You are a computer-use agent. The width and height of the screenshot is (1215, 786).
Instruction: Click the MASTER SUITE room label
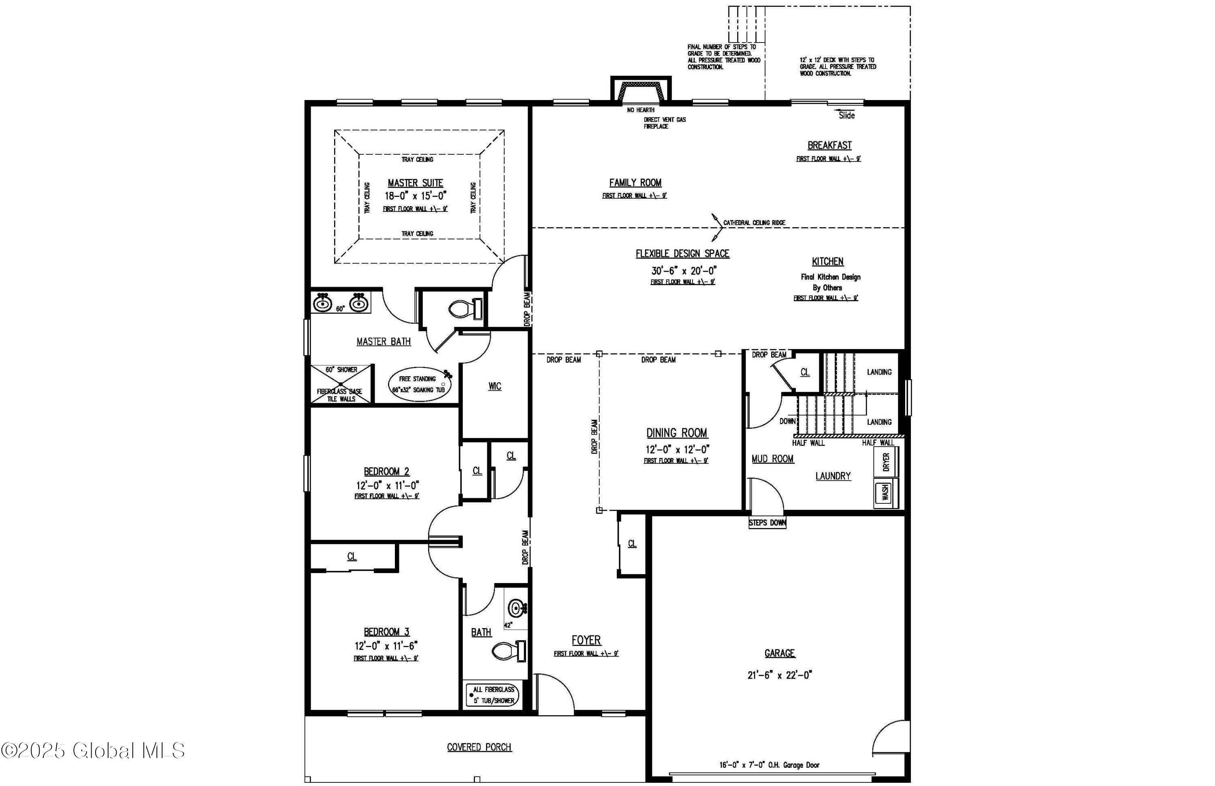click(x=415, y=183)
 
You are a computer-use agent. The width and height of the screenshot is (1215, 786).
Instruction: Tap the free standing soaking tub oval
click(x=419, y=384)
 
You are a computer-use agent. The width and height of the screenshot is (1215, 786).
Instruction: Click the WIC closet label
click(x=495, y=386)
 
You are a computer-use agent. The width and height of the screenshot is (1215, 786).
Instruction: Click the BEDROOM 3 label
click(x=386, y=632)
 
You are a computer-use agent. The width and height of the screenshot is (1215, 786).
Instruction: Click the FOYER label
click(x=586, y=640)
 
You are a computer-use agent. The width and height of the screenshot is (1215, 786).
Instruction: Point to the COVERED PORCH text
click(x=479, y=747)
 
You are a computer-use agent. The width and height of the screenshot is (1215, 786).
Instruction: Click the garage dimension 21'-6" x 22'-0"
click(x=780, y=675)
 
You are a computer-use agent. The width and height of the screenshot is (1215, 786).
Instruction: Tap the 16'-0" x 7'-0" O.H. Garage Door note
click(x=769, y=765)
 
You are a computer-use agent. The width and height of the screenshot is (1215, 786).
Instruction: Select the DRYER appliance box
click(x=886, y=462)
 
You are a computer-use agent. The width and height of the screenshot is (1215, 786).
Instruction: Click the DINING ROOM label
click(x=676, y=433)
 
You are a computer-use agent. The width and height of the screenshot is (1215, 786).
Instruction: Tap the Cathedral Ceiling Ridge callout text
click(x=754, y=223)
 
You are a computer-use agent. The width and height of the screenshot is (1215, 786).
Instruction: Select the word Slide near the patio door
click(x=846, y=116)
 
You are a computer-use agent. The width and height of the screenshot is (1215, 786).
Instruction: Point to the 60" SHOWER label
click(x=341, y=370)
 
